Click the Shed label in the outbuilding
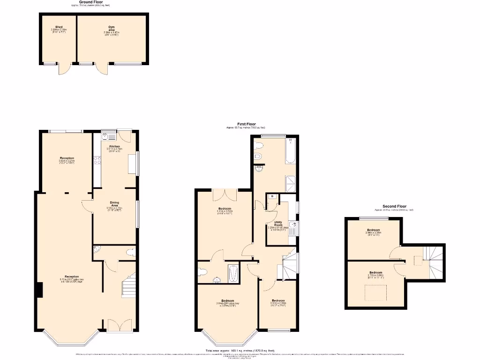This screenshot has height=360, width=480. coord(59,27)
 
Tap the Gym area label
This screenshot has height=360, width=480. coord(111,27)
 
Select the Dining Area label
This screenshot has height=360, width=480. coord(114,203)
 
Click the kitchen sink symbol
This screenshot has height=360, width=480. coord(105,136)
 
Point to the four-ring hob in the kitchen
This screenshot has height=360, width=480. coord(98,161)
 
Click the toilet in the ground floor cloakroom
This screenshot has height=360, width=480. coord(130,252)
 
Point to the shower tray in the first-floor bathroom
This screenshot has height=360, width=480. coord(290,183)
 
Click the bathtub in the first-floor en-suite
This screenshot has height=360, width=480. coord(233,274)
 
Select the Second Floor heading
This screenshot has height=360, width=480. coord(394,206)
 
